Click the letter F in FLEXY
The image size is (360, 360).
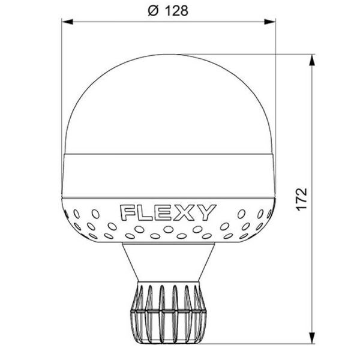tap(128, 212)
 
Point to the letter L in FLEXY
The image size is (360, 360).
tap(146, 212)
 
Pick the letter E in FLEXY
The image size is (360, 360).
tap(164, 212)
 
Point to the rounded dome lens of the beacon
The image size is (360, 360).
tap(169, 102)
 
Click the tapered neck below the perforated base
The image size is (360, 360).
tap(169, 261)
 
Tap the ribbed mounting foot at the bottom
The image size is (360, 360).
tap(169, 312)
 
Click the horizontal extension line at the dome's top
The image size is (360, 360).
tap(252, 55)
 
